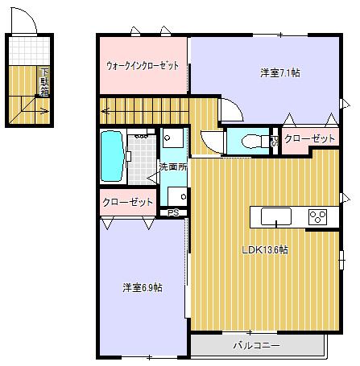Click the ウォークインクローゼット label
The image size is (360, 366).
point(143,66)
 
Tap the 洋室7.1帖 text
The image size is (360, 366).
point(280,73)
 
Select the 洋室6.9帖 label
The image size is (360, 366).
point(143,287)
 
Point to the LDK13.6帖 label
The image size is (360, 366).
point(266,250)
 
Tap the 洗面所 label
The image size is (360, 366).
point(172,167)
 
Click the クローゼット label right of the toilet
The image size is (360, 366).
point(310,139)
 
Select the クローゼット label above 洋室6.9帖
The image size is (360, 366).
point(128,201)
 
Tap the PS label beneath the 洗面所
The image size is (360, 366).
point(172,212)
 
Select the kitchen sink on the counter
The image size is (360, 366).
point(276,216)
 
